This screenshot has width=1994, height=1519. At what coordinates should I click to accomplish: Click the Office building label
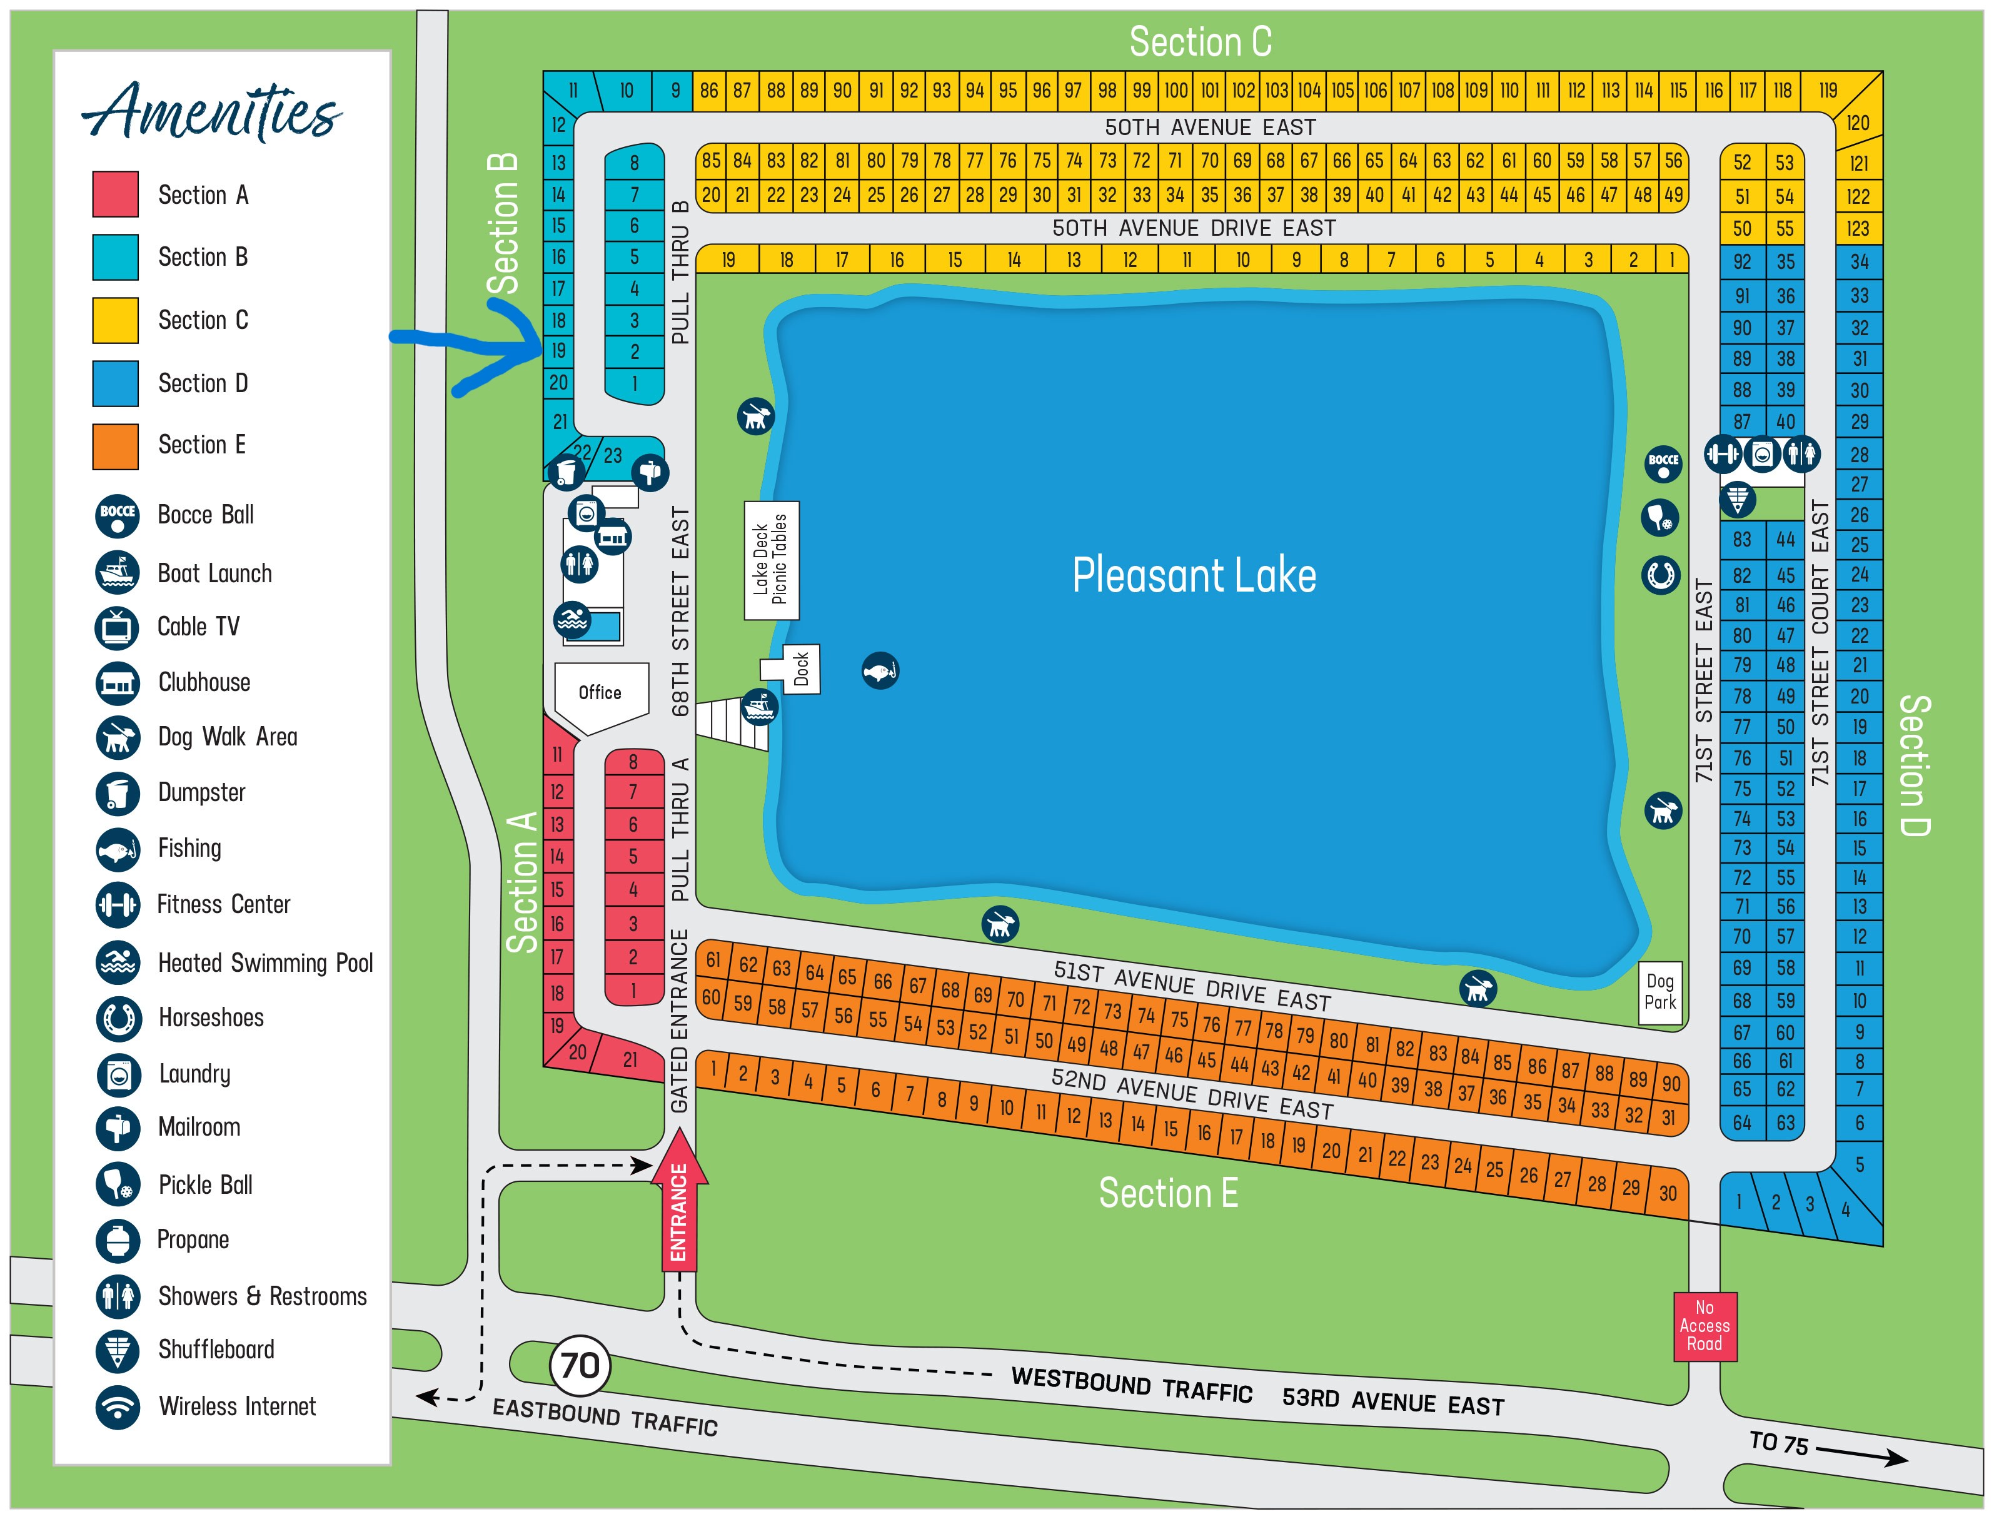(x=600, y=693)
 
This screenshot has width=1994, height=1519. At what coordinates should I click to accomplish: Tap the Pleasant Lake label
(x=1194, y=576)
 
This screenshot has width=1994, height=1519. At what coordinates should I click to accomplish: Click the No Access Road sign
(x=1704, y=1326)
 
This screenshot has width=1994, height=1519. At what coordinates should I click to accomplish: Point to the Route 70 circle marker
(x=580, y=1365)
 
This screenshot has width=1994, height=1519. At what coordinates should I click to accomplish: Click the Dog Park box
(x=1661, y=993)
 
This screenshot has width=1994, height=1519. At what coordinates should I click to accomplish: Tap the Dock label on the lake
(x=801, y=669)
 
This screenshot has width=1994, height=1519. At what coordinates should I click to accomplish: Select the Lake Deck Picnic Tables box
(x=771, y=560)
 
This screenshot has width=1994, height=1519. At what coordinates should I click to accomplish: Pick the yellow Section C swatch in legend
(x=116, y=320)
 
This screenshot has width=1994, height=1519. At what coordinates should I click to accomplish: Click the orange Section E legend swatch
(x=116, y=447)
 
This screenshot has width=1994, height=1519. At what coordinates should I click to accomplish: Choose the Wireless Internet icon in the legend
(x=118, y=1408)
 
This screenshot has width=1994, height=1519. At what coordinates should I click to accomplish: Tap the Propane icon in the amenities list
(x=118, y=1241)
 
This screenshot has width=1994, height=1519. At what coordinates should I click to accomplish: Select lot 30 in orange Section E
(x=1668, y=1193)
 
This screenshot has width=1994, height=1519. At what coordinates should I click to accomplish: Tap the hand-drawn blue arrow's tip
(x=540, y=346)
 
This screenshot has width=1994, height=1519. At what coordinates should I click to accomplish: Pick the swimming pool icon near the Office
(x=572, y=620)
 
